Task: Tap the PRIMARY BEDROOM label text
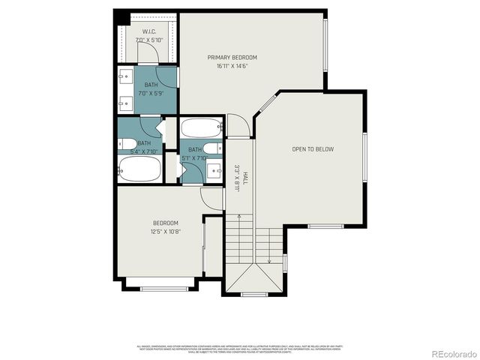232,58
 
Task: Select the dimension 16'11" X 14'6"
232,66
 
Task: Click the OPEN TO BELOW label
313,149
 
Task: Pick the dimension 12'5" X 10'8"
166,231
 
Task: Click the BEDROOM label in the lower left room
166,223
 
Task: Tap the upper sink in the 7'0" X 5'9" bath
125,76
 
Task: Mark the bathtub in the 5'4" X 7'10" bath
139,169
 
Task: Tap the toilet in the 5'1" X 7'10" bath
213,148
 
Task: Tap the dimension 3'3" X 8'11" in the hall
236,178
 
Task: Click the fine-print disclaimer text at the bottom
239,348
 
